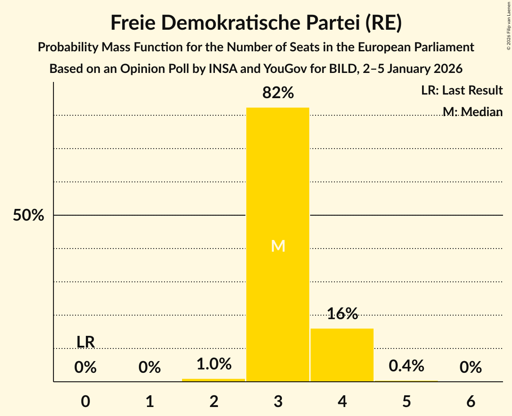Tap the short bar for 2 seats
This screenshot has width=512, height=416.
pyautogui.click(x=214, y=380)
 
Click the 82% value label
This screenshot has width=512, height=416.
pyautogui.click(x=278, y=93)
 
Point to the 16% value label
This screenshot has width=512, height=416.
pyautogui.click(x=342, y=314)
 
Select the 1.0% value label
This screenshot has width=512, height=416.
pyautogui.click(x=214, y=364)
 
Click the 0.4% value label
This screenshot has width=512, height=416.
pyautogui.click(x=406, y=366)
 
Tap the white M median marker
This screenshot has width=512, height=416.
pyautogui.click(x=278, y=246)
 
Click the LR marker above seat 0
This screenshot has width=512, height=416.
pyautogui.click(x=85, y=342)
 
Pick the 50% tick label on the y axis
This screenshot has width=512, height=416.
pyautogui.click(x=28, y=216)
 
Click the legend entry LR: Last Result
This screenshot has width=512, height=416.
pyautogui.click(x=462, y=90)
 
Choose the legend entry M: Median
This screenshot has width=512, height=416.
pyautogui.click(x=472, y=112)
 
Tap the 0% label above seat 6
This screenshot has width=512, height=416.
pyautogui.click(x=471, y=368)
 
